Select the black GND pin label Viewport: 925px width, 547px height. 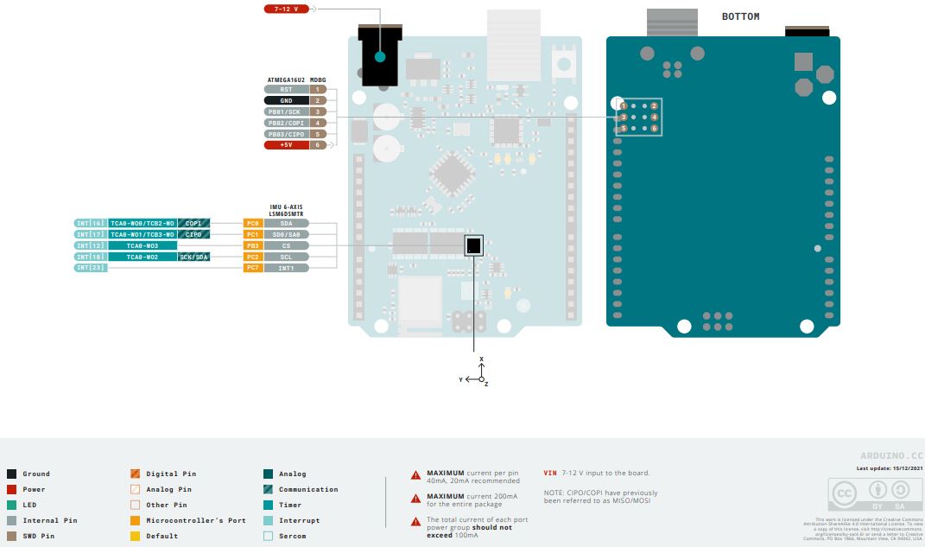(286, 100)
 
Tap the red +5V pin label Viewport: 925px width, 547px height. (286, 145)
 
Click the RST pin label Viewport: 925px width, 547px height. (286, 89)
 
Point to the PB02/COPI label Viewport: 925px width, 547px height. (286, 123)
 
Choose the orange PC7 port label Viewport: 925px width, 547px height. (252, 268)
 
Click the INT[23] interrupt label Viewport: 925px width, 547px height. (90, 268)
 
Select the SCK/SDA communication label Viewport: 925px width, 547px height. (193, 257)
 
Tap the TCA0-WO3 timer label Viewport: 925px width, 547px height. (142, 245)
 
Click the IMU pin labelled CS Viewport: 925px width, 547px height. (286, 245)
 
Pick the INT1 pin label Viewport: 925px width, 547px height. (286, 268)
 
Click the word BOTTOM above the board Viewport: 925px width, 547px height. (740, 16)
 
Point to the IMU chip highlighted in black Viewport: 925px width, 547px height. (472, 246)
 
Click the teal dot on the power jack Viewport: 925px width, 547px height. (379, 57)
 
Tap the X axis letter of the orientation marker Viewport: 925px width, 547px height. (482, 359)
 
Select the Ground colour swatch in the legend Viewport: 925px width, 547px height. (11, 474)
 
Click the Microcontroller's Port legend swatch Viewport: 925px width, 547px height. (135, 520)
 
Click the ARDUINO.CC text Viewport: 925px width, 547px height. (891, 455)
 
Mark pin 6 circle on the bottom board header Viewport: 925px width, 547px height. (654, 129)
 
